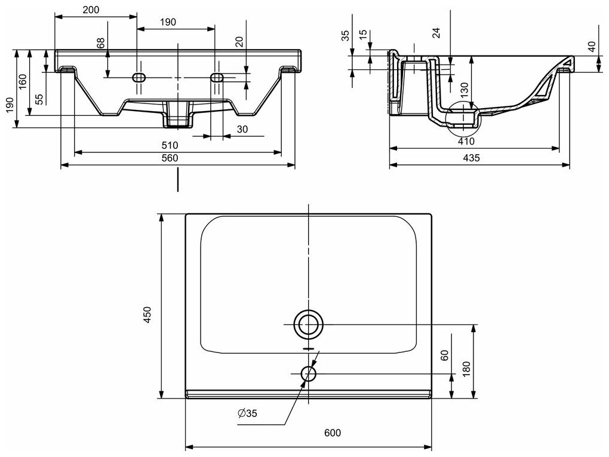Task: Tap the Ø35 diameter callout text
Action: pyautogui.click(x=251, y=413)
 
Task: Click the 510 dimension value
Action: pyautogui.click(x=171, y=145)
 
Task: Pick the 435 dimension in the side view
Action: pyautogui.click(x=472, y=158)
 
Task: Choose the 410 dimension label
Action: pyautogui.click(x=466, y=142)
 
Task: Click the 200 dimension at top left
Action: pyautogui.click(x=91, y=9)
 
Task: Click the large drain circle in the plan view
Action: pyautogui.click(x=309, y=325)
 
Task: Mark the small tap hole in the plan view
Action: pyautogui.click(x=309, y=374)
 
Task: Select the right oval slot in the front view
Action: pyautogui.click(x=216, y=77)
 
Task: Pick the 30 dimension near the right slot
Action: pyautogui.click(x=242, y=129)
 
